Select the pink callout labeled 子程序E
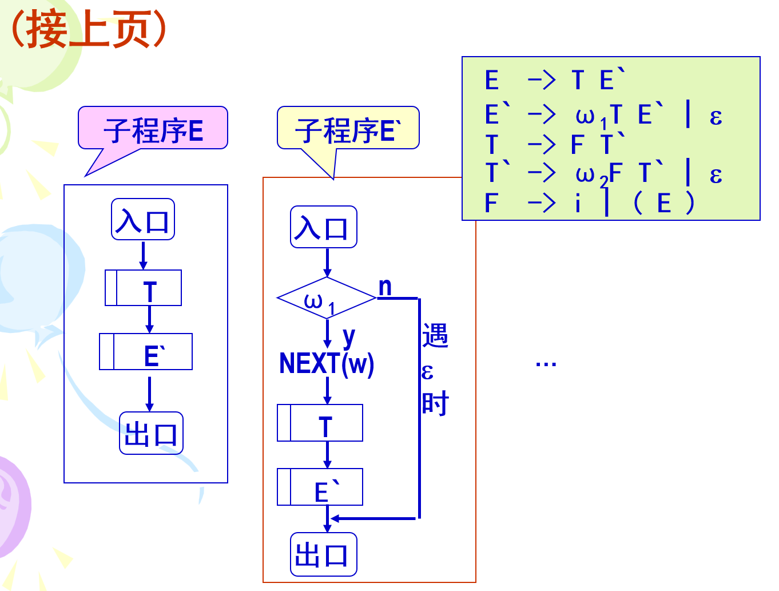point(153,129)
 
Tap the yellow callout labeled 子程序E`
point(348,129)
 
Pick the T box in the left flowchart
point(144,288)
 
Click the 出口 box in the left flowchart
point(151,434)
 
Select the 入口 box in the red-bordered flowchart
point(323,228)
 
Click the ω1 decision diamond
point(326,299)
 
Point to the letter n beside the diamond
point(385,287)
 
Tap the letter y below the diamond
point(348,336)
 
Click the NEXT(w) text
point(327,364)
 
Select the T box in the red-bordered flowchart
point(320,423)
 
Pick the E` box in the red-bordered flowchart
point(320,487)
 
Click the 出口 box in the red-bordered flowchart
point(323,554)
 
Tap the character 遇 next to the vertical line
point(435,335)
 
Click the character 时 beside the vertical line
point(435,404)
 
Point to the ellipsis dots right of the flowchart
point(546,363)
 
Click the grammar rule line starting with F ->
point(589,203)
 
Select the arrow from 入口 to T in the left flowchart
point(143,255)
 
